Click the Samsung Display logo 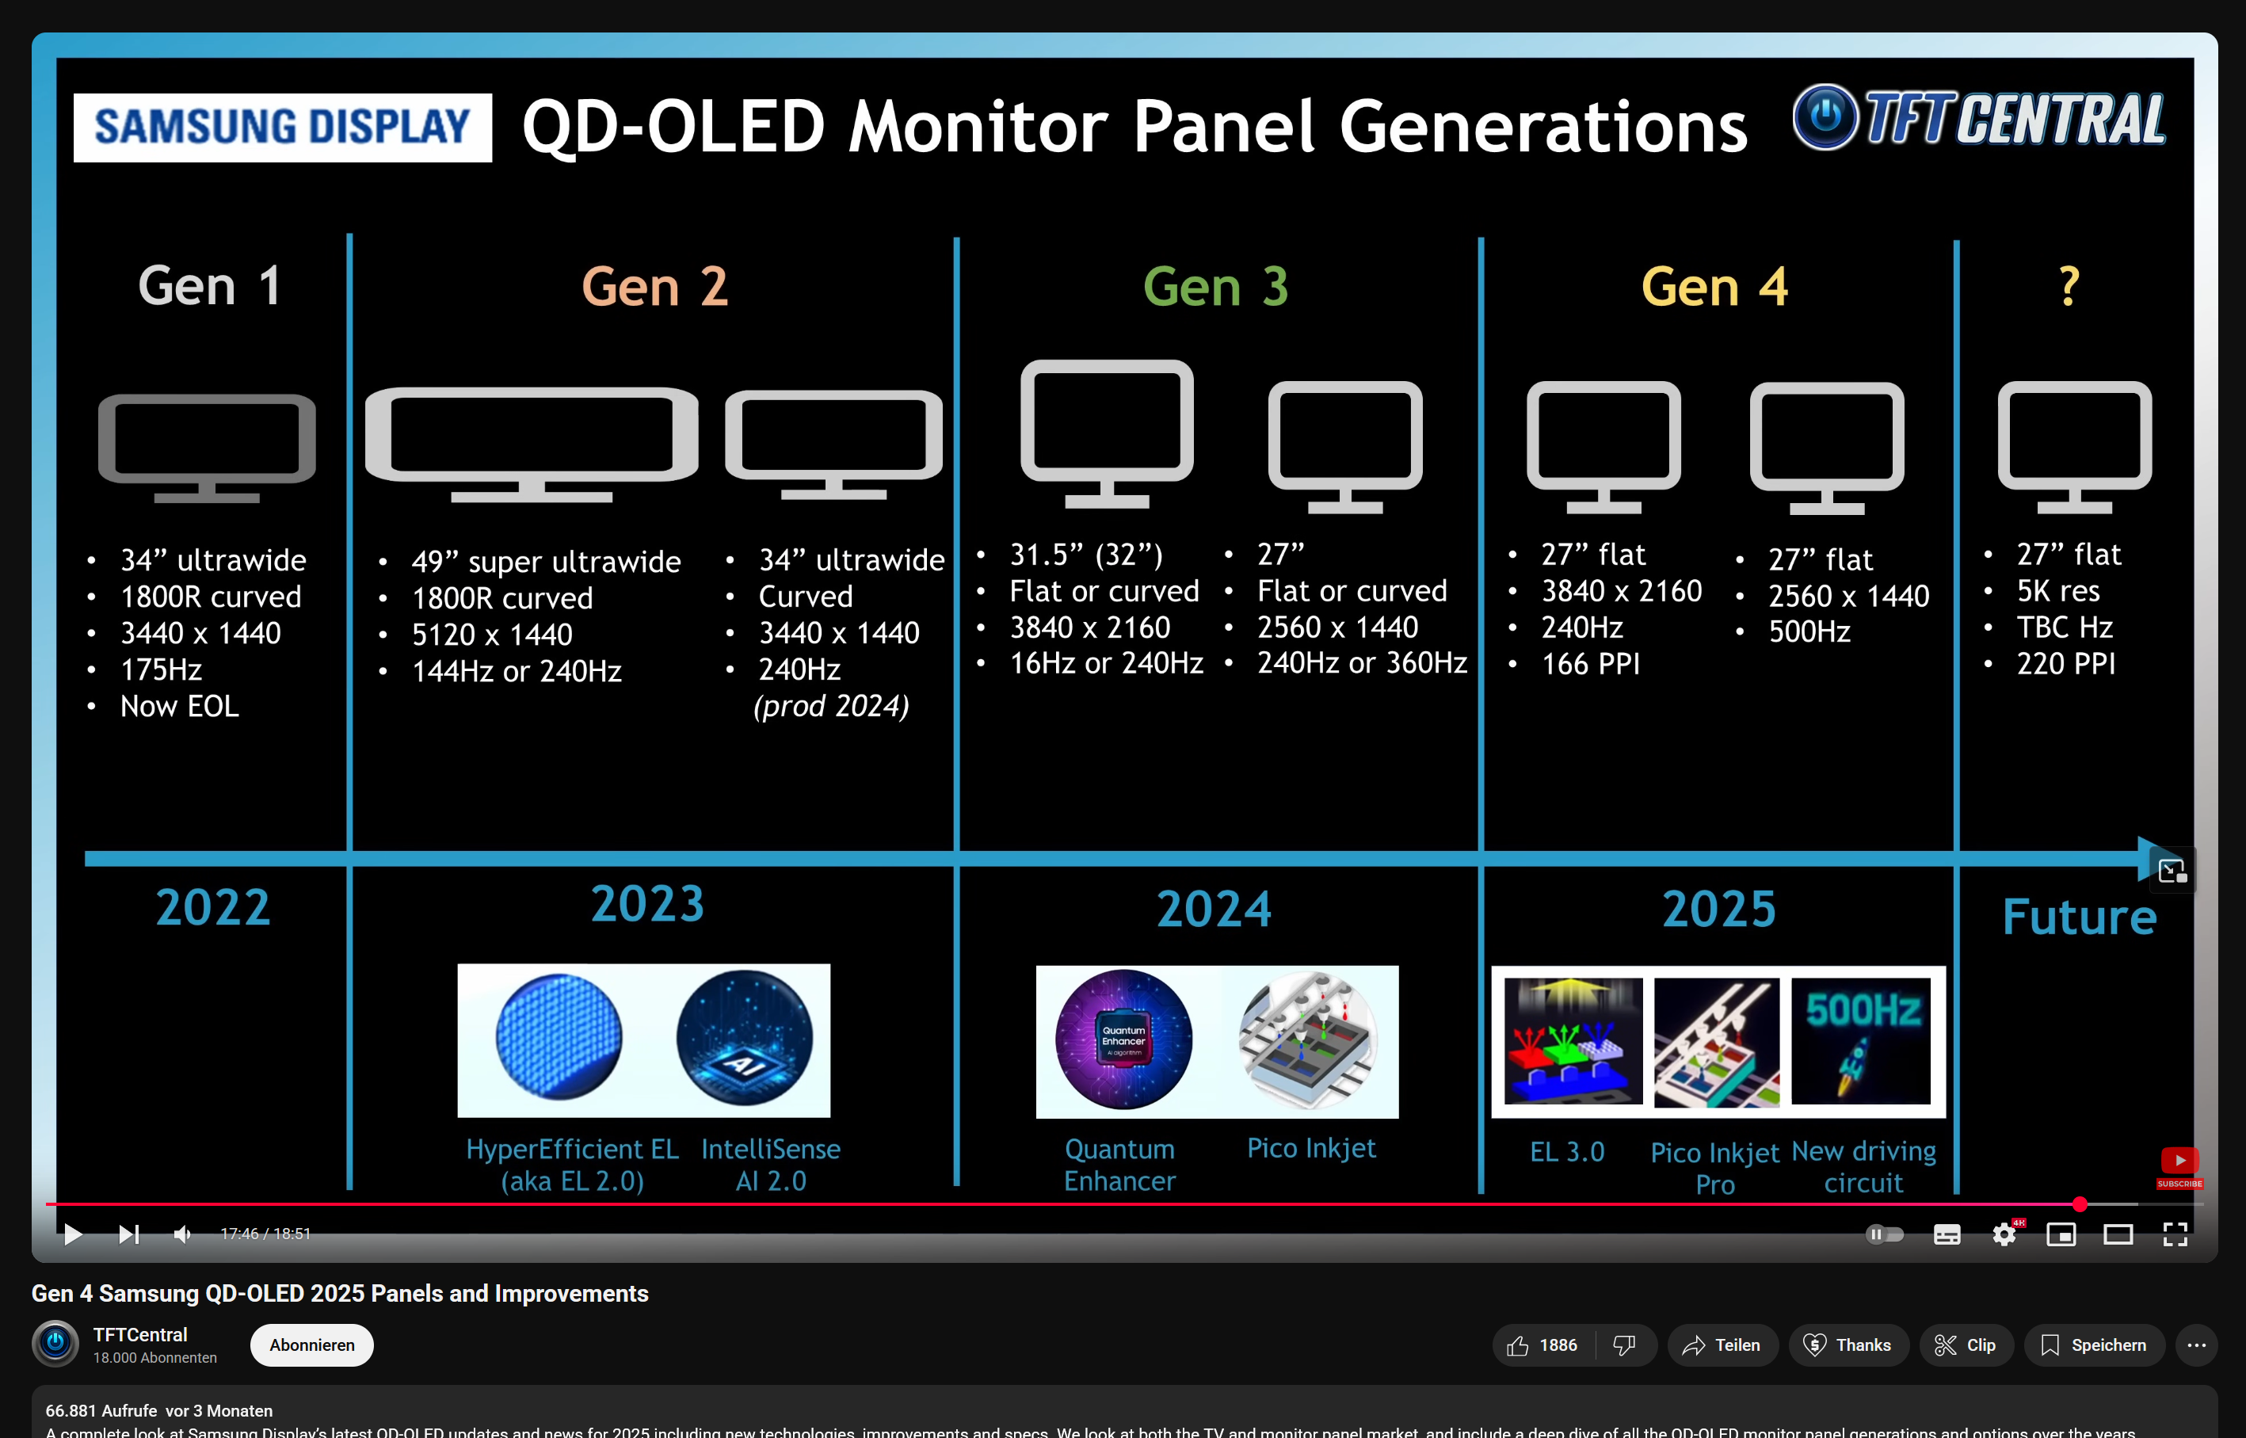click(282, 127)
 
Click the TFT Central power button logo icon click(1825, 116)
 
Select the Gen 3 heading click(1215, 286)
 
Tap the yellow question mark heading click(2069, 286)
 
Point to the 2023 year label click(647, 904)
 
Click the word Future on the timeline click(2079, 917)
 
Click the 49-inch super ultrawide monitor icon click(531, 444)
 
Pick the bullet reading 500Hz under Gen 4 click(1809, 632)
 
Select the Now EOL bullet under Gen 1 click(179, 706)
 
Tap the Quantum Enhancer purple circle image click(1123, 1039)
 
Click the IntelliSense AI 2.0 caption click(770, 1165)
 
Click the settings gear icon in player click(2004, 1234)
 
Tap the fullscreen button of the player click(2175, 1234)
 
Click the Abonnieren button click(312, 1345)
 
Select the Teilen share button click(1722, 1345)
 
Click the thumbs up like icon click(1518, 1345)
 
